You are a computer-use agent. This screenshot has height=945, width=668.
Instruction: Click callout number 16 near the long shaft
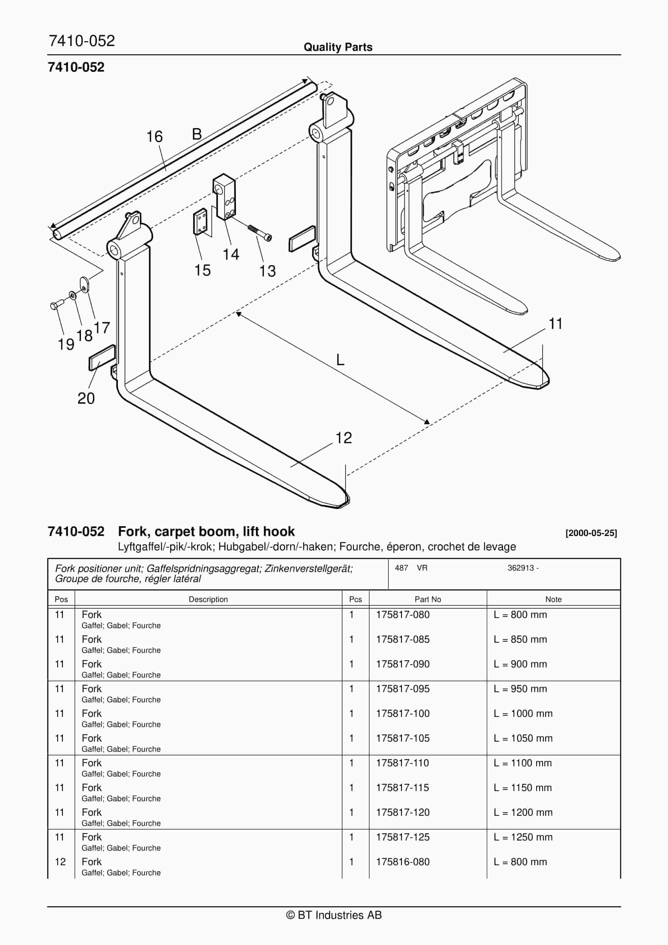[x=154, y=137]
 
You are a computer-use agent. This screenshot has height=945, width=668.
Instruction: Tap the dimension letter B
[x=197, y=134]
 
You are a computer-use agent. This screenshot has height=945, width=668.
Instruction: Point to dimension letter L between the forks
[x=340, y=360]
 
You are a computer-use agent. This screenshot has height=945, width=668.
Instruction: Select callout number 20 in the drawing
[x=86, y=398]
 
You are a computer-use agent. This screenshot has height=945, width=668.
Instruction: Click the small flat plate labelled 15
[x=200, y=222]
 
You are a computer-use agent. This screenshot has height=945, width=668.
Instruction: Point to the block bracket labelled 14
[x=225, y=197]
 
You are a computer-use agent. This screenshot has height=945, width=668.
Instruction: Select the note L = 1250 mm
[x=523, y=837]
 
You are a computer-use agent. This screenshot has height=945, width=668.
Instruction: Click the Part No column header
[x=427, y=599]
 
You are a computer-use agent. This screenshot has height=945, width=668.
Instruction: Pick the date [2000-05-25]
[x=591, y=533]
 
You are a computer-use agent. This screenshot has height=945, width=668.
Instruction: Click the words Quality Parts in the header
[x=338, y=47]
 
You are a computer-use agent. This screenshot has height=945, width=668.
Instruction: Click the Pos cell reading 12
[x=60, y=862]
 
